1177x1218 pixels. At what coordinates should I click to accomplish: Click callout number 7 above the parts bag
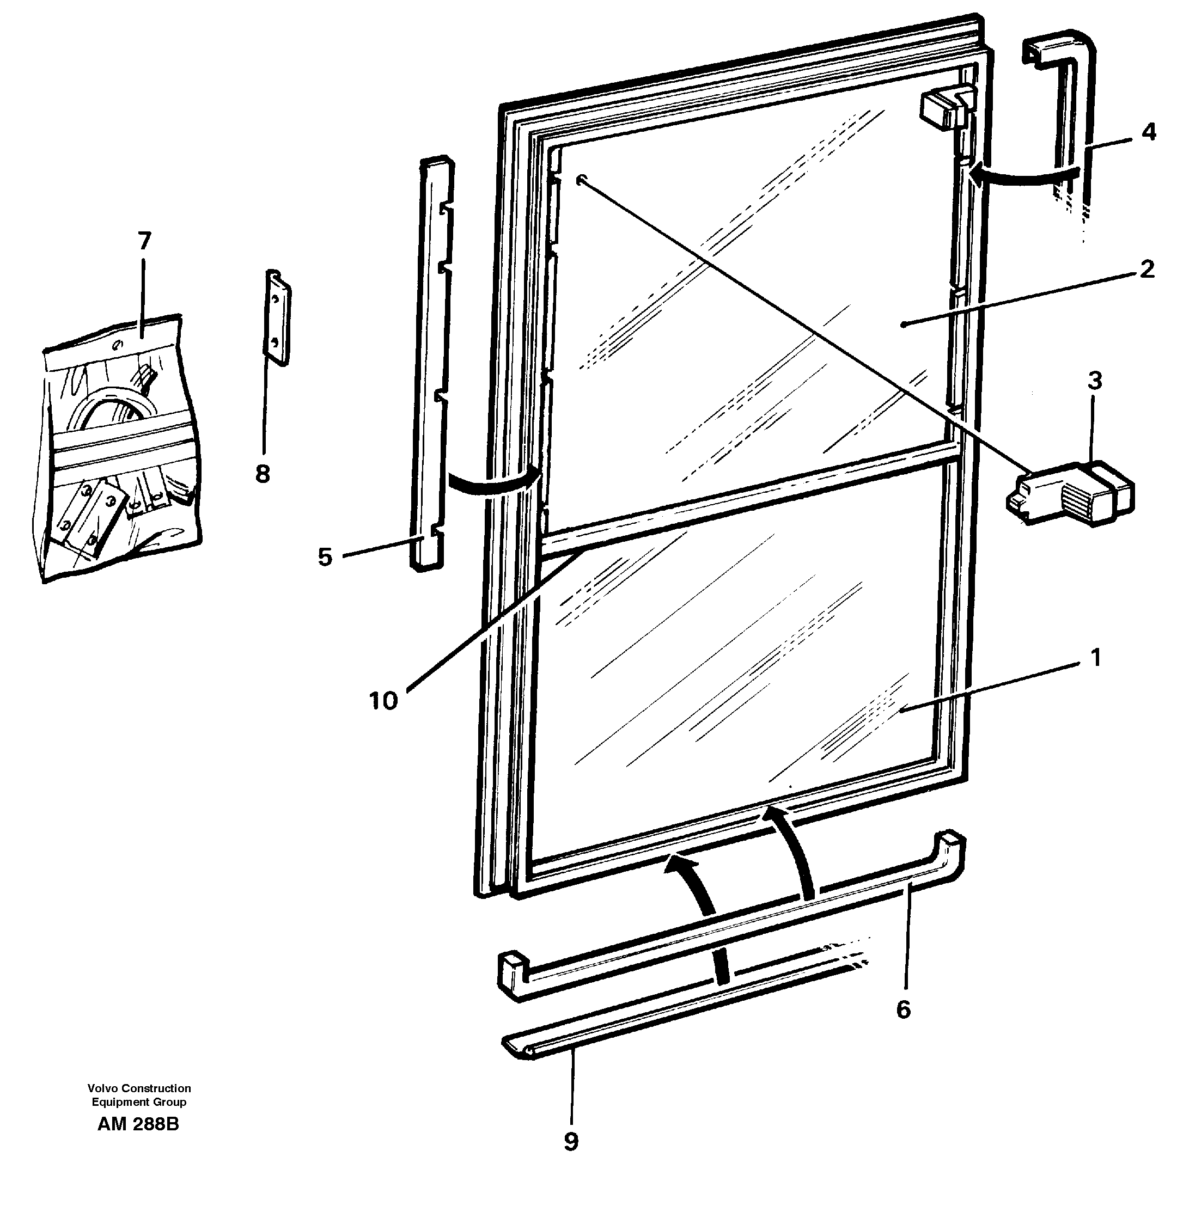coord(144,241)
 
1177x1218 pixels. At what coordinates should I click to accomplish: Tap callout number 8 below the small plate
coord(263,475)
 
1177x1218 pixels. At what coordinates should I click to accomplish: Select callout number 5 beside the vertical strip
coord(325,558)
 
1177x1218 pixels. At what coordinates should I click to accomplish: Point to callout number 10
coord(383,701)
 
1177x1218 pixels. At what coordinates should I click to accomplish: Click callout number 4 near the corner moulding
coord(1148,132)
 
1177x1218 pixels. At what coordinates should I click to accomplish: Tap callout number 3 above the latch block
coord(1094,381)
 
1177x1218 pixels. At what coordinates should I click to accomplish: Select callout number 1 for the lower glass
coord(1095,658)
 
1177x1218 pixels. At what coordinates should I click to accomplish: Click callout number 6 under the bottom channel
coord(904,1010)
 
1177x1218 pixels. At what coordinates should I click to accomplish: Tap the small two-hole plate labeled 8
coord(278,317)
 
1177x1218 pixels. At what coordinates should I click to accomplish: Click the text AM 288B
coord(138,1124)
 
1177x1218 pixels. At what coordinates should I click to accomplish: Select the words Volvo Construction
coord(139,1088)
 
